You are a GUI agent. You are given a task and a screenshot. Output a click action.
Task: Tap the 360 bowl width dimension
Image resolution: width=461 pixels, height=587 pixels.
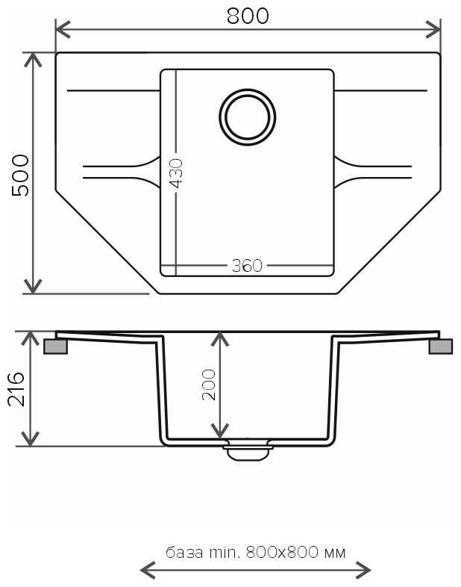point(247,266)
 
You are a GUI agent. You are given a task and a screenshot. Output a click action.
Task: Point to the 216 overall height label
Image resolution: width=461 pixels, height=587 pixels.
point(18,388)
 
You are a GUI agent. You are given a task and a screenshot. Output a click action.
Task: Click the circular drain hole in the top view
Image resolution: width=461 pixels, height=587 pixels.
point(247,117)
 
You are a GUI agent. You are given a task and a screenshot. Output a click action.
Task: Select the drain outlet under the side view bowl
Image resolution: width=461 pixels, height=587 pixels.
point(247,450)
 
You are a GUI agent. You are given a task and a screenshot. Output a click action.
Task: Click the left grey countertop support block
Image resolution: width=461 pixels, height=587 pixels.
point(56,347)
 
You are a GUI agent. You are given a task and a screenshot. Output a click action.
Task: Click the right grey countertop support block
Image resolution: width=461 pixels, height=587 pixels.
point(440,347)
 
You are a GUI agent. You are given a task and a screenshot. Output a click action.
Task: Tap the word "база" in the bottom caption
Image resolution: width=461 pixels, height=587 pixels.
point(184,553)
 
